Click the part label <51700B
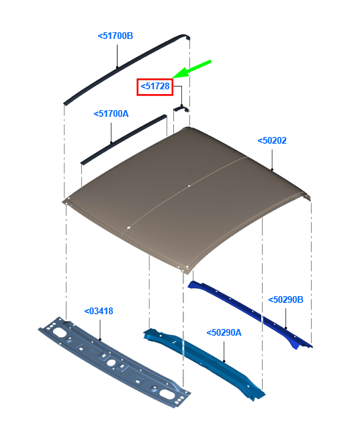[x=116, y=36]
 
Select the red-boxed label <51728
[x=155, y=87]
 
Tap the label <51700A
[x=111, y=114]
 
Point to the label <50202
[x=272, y=140]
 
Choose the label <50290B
[x=285, y=299]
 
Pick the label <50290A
[x=224, y=332]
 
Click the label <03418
[x=99, y=311]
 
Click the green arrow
[x=191, y=69]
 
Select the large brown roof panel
[x=186, y=199]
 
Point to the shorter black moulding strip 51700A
[x=124, y=140]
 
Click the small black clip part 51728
[x=181, y=109]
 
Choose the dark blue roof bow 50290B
[x=250, y=314]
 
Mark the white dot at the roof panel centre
[x=189, y=186]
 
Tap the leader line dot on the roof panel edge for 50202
[x=272, y=169]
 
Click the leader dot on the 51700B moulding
[x=117, y=67]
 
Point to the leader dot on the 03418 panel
[x=100, y=339]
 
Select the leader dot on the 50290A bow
[x=224, y=361]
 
